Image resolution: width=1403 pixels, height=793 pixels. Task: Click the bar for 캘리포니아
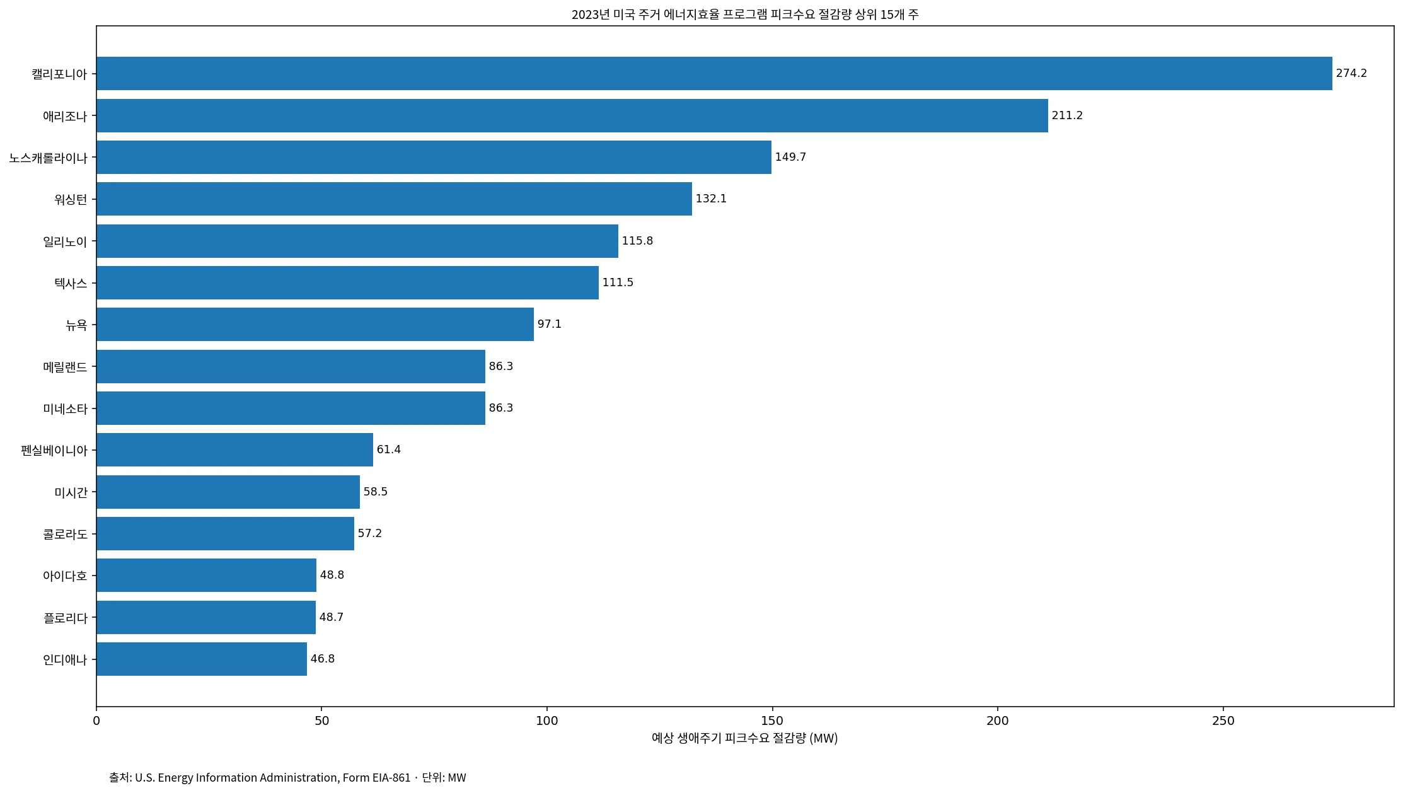click(x=714, y=73)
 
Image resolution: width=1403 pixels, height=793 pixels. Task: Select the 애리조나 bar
click(x=572, y=115)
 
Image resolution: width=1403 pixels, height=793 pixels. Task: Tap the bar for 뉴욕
click(x=315, y=324)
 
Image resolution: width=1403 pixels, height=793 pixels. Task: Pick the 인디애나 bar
click(x=202, y=659)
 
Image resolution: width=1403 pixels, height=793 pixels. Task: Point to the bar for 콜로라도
click(x=225, y=533)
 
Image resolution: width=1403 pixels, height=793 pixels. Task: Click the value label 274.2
click(x=1351, y=73)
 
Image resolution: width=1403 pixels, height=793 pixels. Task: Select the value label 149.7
click(x=790, y=157)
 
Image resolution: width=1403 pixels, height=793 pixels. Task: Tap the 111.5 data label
click(x=618, y=282)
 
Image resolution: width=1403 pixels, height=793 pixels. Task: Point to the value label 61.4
click(x=389, y=449)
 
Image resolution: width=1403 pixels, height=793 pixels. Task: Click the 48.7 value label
click(x=332, y=617)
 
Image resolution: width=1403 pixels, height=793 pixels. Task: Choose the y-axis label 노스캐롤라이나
click(x=48, y=158)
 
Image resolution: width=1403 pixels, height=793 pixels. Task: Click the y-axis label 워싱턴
click(x=71, y=199)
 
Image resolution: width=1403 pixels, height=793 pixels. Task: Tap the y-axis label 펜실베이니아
click(x=54, y=450)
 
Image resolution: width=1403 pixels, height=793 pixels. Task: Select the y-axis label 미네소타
click(x=66, y=408)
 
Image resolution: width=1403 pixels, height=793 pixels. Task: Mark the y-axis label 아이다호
click(x=66, y=576)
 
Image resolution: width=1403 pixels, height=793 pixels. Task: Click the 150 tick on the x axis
click(x=772, y=721)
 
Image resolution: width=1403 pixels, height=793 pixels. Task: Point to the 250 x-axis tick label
click(x=1223, y=721)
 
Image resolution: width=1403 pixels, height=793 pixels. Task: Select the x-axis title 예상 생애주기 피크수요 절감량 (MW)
click(x=745, y=738)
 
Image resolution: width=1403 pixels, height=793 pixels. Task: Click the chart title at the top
click(x=745, y=14)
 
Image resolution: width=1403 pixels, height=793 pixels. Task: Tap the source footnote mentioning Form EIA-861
click(x=287, y=777)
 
